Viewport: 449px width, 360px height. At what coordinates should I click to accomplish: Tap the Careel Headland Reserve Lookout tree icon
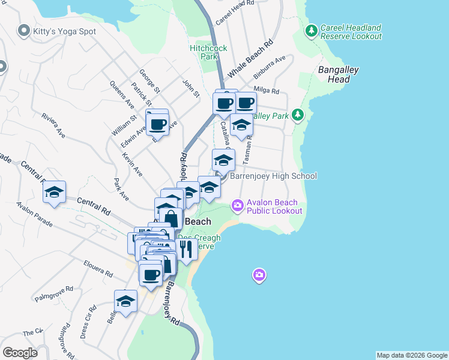coord(311,30)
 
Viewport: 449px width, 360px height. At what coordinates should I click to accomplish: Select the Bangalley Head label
coord(338,74)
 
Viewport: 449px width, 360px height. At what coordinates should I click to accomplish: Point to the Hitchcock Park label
coord(203,52)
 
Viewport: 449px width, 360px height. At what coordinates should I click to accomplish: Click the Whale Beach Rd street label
coord(250,59)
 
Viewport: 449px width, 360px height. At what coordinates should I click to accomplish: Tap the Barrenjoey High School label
coord(273,176)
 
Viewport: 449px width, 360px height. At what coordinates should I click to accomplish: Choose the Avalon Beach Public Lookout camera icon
coord(238,206)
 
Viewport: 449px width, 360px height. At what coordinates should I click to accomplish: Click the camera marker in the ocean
coord(259,275)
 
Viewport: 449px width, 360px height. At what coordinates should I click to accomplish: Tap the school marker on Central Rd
coord(54,192)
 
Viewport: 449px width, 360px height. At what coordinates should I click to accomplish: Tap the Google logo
coord(19,352)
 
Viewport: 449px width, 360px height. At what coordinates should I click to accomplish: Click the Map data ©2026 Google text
coord(412,355)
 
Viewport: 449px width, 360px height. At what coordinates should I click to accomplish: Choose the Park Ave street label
coord(121,189)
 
